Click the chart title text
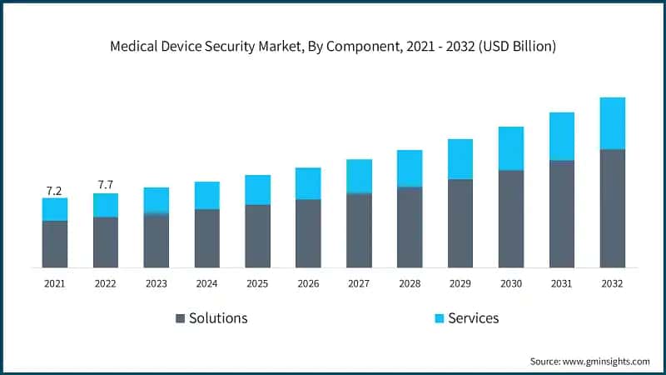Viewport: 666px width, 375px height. tap(333, 47)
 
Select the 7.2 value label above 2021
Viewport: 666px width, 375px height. tap(55, 191)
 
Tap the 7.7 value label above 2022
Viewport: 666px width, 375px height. tap(106, 184)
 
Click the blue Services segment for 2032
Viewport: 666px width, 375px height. tap(612, 123)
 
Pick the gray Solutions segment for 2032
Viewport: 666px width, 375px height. tap(612, 208)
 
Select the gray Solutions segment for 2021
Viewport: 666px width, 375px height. tap(55, 244)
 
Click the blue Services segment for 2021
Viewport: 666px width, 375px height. tap(55, 209)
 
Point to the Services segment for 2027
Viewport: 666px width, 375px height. tap(359, 177)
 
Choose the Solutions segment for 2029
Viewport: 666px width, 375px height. tap(460, 223)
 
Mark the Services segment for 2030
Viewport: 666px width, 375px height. tap(511, 148)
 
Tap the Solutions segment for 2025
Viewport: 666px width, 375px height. tap(257, 236)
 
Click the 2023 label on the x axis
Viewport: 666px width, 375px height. tap(157, 284)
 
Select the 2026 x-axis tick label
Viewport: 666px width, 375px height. tap(308, 284)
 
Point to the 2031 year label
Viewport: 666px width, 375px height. tap(561, 284)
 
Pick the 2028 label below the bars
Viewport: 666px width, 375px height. tap(410, 284)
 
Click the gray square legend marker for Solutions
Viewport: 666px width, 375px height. tap(180, 318)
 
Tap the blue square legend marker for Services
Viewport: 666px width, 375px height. tap(439, 318)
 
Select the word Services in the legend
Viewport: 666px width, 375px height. tap(475, 318)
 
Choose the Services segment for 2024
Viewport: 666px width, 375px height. tap(207, 195)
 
